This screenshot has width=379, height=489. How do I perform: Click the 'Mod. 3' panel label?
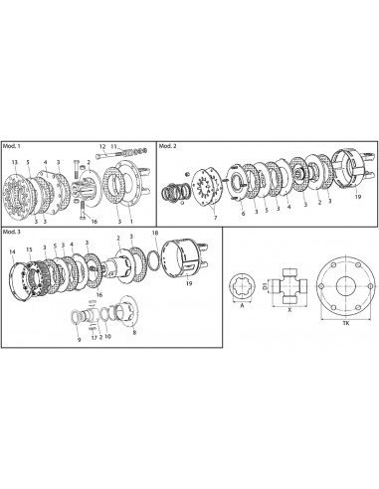pyautogui.click(x=13, y=231)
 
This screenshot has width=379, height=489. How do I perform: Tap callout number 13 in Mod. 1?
pyautogui.click(x=13, y=162)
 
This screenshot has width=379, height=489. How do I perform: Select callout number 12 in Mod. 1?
pyautogui.click(x=101, y=146)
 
